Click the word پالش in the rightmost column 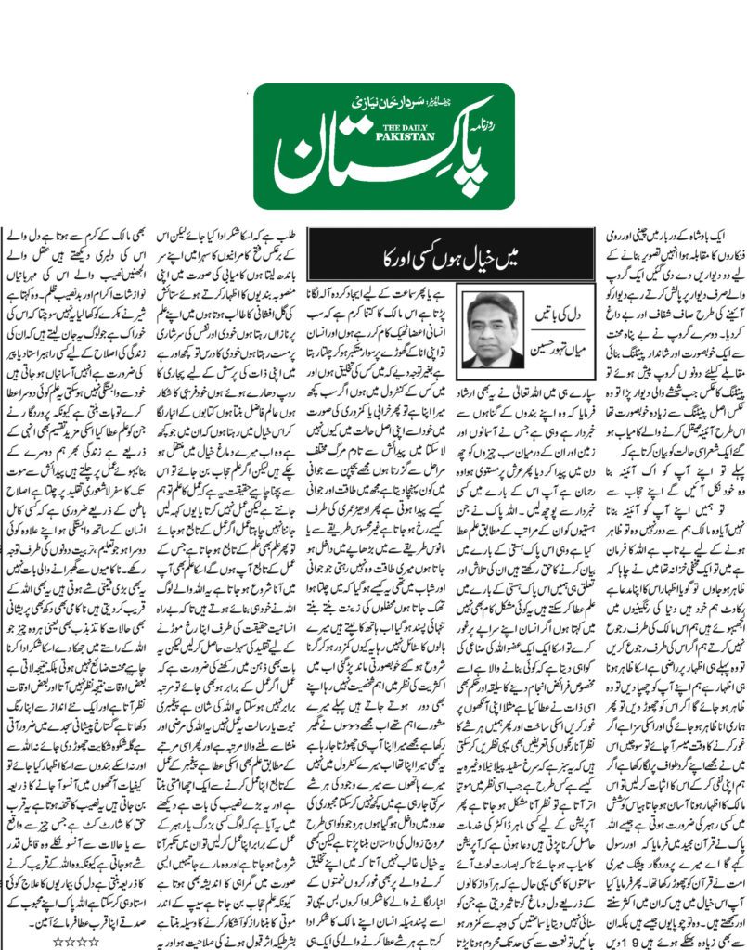[675, 273]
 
